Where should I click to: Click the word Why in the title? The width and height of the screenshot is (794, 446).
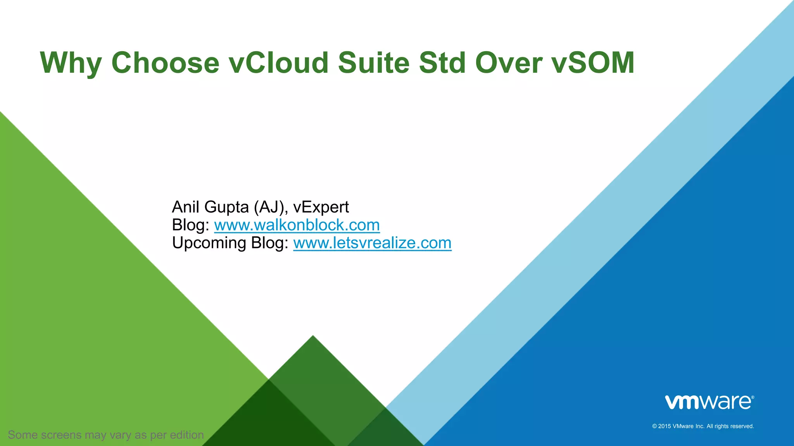[x=71, y=63]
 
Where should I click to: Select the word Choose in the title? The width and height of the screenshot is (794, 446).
[x=166, y=62]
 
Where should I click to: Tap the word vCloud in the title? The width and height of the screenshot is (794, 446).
[x=279, y=62]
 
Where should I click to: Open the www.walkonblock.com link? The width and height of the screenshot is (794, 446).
[x=297, y=225]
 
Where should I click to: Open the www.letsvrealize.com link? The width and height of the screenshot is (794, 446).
[x=372, y=243]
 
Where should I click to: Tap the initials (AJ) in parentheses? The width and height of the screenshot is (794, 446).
[x=271, y=207]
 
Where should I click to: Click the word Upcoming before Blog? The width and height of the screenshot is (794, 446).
[x=209, y=244]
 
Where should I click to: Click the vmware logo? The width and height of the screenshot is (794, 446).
[x=708, y=403]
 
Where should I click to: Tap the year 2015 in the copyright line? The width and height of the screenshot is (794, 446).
[x=665, y=426]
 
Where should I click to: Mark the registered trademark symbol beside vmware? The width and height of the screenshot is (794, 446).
[x=753, y=397]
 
